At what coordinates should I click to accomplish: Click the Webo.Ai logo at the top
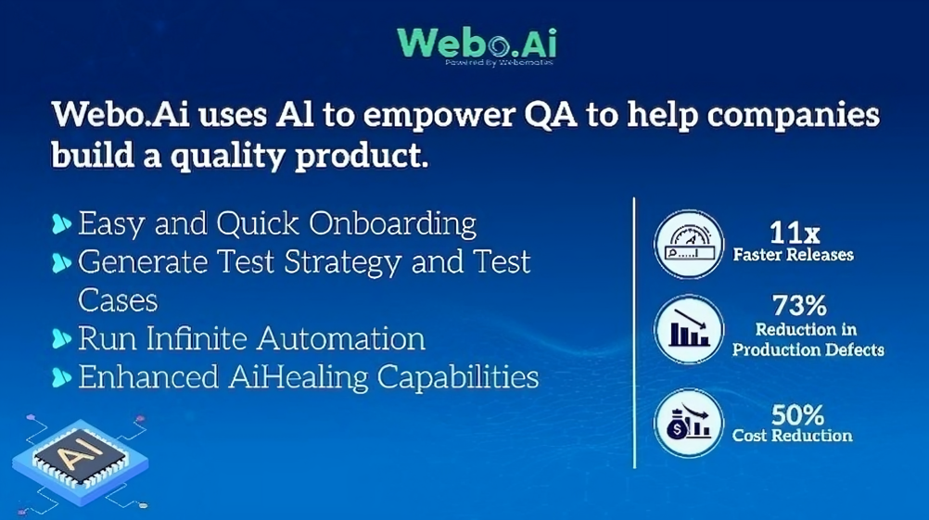point(477,42)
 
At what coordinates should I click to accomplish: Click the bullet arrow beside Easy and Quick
point(62,224)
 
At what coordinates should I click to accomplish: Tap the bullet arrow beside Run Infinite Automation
point(62,339)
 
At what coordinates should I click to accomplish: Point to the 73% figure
point(798,305)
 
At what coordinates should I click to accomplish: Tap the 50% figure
point(795,414)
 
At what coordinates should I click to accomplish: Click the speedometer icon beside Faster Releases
point(688,245)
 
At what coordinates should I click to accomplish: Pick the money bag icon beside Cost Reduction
point(688,422)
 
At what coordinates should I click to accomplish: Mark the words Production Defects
point(807,350)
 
